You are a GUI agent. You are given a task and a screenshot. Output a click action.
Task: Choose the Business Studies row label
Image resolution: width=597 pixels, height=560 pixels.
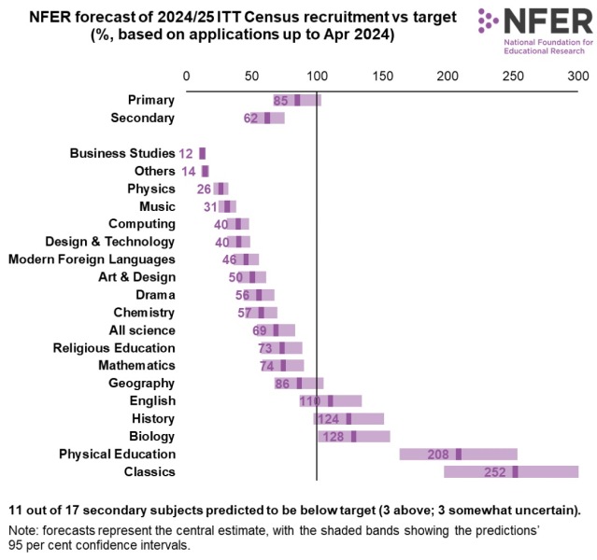pyautogui.click(x=121, y=153)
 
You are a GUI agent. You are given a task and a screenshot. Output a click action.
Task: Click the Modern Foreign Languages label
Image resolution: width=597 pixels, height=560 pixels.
pyautogui.click(x=92, y=259)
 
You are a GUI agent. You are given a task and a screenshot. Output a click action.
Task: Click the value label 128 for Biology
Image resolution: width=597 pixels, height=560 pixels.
pyautogui.click(x=334, y=437)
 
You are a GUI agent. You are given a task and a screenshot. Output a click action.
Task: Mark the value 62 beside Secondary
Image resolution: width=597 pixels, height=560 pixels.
pyautogui.click(x=251, y=119)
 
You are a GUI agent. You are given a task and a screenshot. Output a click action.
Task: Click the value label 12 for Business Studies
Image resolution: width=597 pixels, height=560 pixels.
pyautogui.click(x=187, y=154)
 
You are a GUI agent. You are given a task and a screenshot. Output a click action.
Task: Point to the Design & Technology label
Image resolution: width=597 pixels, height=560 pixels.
pyautogui.click(x=110, y=242)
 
